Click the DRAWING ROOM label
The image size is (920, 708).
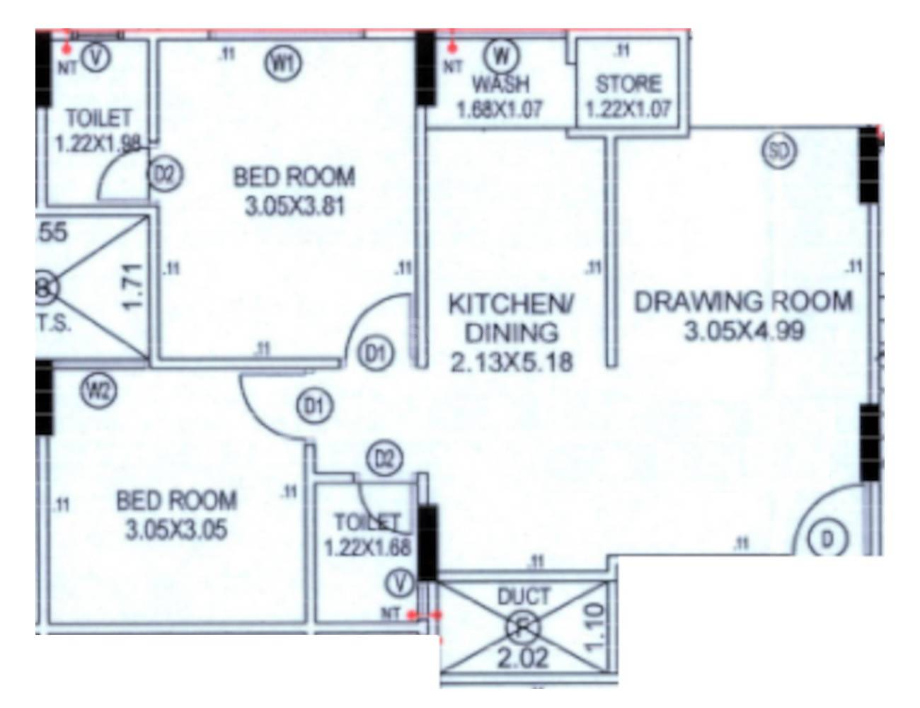[743, 302]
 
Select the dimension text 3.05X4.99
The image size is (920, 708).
[744, 331]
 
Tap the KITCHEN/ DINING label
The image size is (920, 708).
[513, 318]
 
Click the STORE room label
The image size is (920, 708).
[628, 84]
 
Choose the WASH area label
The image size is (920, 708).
[500, 84]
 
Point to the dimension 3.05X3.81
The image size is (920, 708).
[294, 207]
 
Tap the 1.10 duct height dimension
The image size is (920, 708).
[595, 624]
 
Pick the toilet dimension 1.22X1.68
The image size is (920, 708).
[367, 548]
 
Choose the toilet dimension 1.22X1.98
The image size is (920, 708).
[98, 144]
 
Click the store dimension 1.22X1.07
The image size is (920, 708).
[628, 111]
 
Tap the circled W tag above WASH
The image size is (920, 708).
[503, 55]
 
